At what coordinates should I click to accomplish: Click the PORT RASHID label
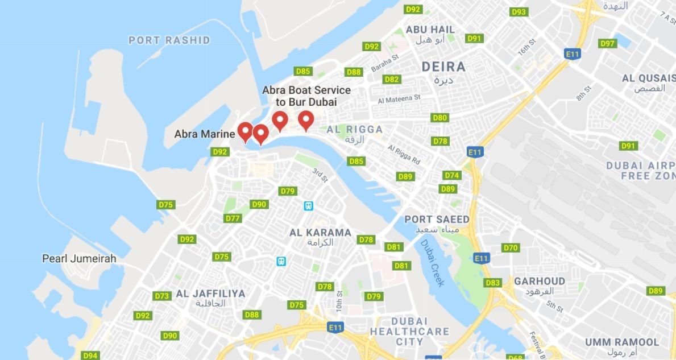(169, 40)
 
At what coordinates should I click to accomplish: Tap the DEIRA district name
(443, 67)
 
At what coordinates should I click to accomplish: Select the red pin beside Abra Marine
(245, 131)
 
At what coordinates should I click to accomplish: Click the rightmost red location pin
(306, 120)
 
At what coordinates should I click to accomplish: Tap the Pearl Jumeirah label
(79, 259)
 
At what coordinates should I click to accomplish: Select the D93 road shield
(519, 12)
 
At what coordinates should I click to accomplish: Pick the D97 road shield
(608, 43)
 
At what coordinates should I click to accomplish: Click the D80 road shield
(440, 118)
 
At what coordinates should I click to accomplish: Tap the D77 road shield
(233, 218)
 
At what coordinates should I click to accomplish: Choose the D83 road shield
(492, 283)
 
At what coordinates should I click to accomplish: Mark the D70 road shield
(511, 247)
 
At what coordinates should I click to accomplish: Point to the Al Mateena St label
(399, 98)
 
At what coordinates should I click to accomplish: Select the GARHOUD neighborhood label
(540, 282)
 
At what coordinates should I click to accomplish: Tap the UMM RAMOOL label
(622, 342)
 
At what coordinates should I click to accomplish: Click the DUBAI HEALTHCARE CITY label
(409, 331)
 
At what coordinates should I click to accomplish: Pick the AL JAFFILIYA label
(210, 294)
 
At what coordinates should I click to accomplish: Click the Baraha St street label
(385, 61)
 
